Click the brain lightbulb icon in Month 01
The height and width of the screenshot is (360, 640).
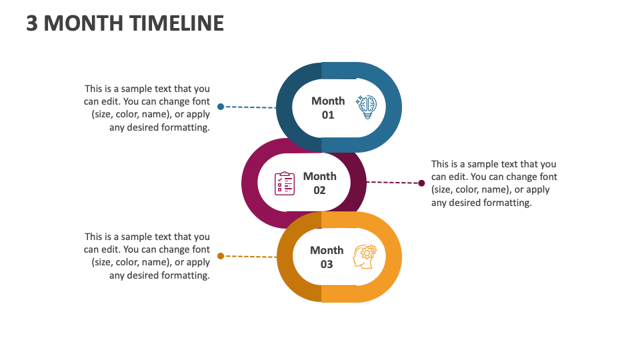(x=366, y=107)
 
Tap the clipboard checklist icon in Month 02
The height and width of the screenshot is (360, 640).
(x=285, y=183)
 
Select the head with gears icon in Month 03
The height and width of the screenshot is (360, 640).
(x=365, y=257)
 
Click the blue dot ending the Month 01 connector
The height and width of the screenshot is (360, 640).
(x=221, y=107)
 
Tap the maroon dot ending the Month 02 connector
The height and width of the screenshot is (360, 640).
(x=421, y=183)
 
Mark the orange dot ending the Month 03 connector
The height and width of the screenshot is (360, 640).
(x=221, y=255)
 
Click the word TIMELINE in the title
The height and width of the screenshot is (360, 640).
(x=177, y=23)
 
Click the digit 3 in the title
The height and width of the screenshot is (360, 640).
(x=32, y=23)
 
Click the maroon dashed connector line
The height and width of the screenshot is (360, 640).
(x=393, y=182)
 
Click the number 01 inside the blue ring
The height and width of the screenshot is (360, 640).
(x=328, y=115)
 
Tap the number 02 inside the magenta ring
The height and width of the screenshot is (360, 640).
(x=319, y=190)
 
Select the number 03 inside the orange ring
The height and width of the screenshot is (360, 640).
(x=327, y=264)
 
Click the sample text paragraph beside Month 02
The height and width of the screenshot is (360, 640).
(x=493, y=183)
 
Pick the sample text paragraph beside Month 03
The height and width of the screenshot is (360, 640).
(x=147, y=256)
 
